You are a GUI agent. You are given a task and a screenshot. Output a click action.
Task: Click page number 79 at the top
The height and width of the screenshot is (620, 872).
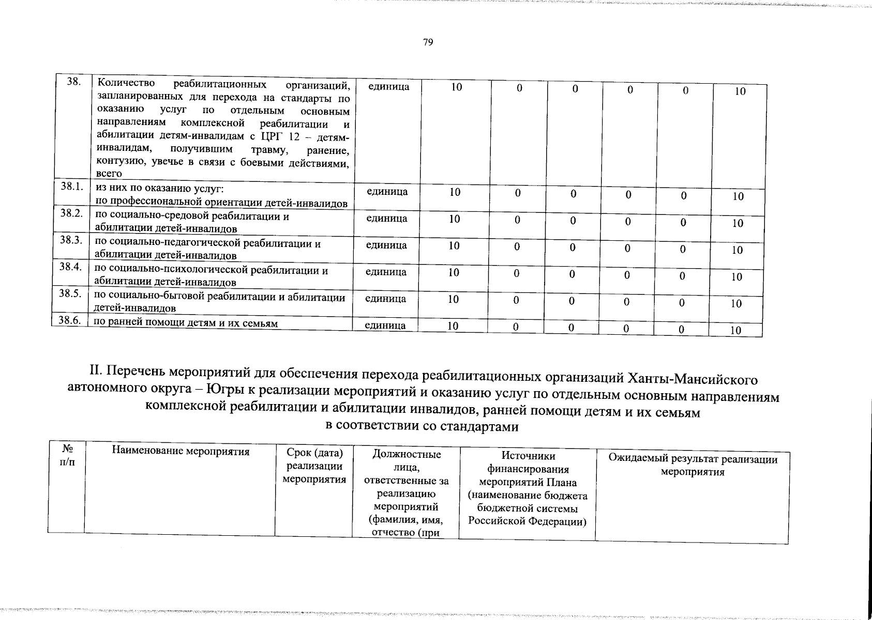(428, 43)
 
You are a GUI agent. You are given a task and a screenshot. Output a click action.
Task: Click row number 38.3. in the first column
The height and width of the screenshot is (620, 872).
(71, 240)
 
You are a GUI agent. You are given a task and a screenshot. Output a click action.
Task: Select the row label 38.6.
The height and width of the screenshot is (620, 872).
(69, 320)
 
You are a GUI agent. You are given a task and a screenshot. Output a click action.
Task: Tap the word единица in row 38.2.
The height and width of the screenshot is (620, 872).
(387, 219)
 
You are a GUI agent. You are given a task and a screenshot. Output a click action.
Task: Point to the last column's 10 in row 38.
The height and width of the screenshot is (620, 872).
(740, 91)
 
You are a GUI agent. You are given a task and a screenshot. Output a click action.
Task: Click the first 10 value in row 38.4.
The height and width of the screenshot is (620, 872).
(454, 272)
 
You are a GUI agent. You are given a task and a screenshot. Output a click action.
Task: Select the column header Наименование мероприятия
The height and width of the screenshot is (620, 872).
(181, 452)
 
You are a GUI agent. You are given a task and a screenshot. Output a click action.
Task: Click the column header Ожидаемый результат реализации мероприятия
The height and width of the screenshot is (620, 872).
(693, 466)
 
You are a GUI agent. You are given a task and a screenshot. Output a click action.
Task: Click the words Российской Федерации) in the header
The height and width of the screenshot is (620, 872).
(527, 521)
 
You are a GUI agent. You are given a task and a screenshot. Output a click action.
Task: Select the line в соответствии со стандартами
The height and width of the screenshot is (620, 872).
(421, 427)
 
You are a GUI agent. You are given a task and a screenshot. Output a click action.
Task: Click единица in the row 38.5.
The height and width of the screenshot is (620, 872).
(386, 299)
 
